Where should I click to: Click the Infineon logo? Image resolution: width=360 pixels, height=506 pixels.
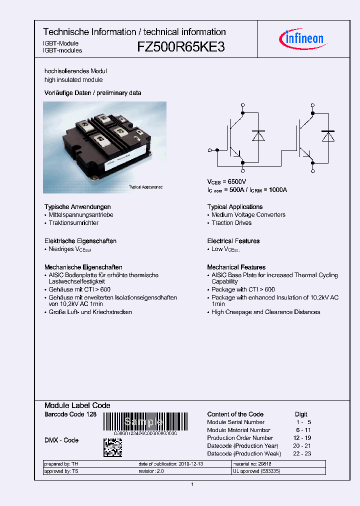tap(303, 38)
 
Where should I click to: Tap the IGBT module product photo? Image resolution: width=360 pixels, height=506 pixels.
tap(104, 142)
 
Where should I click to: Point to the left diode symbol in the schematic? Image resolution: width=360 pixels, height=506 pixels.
tap(258, 136)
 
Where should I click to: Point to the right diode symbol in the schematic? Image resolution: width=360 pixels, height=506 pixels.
tap(328, 136)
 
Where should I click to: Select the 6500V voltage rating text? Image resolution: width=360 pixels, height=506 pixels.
tap(237, 181)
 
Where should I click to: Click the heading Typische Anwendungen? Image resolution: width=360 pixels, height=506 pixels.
tap(77, 207)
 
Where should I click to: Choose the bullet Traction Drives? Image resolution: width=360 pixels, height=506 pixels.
tap(231, 223)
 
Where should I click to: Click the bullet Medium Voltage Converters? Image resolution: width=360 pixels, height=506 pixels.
tap(248, 215)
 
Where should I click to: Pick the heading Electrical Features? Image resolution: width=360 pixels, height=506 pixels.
tap(233, 241)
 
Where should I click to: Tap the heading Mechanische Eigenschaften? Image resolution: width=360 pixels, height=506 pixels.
tap(83, 267)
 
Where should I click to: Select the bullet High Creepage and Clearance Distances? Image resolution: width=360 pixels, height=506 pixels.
tap(265, 312)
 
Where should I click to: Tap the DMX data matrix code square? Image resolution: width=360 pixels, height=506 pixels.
tap(112, 447)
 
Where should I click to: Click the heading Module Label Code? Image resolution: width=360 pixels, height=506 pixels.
tap(77, 405)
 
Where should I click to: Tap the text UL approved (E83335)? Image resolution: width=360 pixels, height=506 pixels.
tap(256, 471)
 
